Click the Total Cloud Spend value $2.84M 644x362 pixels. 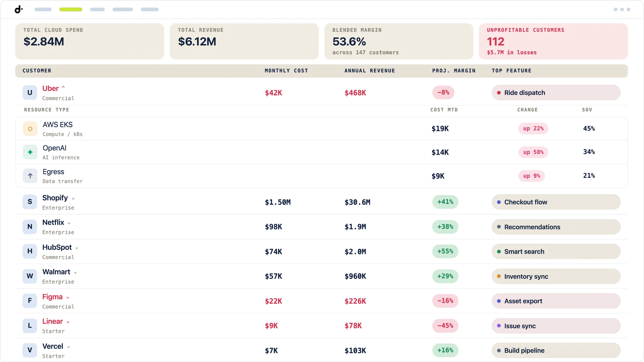44,41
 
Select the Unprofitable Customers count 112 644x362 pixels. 496,41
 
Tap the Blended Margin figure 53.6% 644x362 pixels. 349,41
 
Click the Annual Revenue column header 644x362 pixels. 369,71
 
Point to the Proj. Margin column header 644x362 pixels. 454,71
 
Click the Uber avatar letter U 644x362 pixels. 30,93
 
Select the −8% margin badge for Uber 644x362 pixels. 443,92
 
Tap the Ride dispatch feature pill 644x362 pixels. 556,93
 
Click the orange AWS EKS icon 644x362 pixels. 30,129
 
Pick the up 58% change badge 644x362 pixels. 533,152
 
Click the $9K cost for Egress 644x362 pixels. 438,176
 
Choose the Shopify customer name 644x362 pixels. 55,198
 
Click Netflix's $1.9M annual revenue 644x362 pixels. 355,227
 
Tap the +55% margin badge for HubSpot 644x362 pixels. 445,251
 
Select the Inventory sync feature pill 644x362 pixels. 556,277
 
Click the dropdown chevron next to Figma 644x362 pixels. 68,298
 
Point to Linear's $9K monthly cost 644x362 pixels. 271,326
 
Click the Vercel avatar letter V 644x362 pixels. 30,350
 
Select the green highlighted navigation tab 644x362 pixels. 71,9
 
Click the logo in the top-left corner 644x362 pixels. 19,9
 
